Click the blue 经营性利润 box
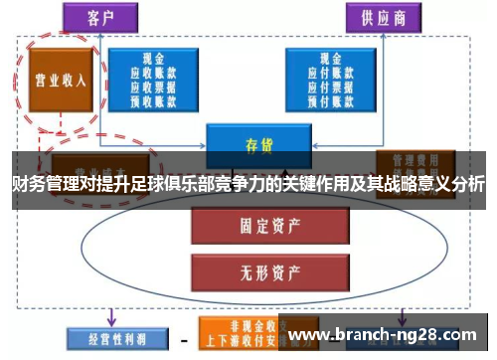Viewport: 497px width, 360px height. point(103,338)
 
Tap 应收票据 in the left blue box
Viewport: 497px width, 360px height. point(152,86)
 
